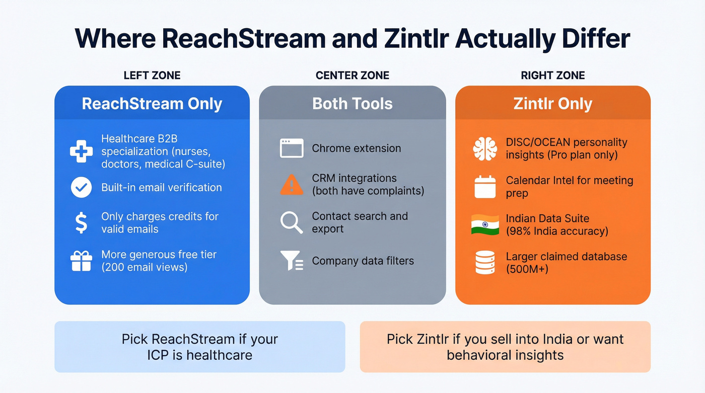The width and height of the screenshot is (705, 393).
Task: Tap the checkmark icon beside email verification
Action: pyautogui.click(x=81, y=188)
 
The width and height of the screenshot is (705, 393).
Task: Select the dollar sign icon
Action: pyautogui.click(x=81, y=222)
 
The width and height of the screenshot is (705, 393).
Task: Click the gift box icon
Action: pyautogui.click(x=81, y=261)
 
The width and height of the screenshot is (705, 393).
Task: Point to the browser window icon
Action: pyautogui.click(x=292, y=148)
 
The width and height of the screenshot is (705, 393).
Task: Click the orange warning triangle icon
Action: pyautogui.click(x=292, y=185)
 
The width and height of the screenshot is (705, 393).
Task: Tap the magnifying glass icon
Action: pyautogui.click(x=292, y=222)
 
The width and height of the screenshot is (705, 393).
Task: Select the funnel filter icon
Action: pyautogui.click(x=292, y=261)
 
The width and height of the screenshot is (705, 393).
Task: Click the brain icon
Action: pyautogui.click(x=485, y=148)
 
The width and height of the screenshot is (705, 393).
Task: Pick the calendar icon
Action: pyautogui.click(x=485, y=187)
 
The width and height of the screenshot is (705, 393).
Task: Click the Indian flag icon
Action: pyautogui.click(x=485, y=224)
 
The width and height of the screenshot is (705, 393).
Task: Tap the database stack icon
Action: pyautogui.click(x=485, y=263)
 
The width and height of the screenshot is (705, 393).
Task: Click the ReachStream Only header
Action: pyautogui.click(x=152, y=104)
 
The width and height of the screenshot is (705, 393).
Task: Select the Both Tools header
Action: pyautogui.click(x=352, y=104)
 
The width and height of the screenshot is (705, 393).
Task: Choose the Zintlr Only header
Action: pyautogui.click(x=553, y=104)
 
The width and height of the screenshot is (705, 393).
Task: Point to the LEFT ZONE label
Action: pyautogui.click(x=152, y=75)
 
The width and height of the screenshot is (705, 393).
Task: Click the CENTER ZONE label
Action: pyautogui.click(x=352, y=75)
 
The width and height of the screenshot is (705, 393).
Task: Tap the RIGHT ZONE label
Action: pyautogui.click(x=553, y=75)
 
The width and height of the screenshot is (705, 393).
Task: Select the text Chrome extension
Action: pyautogui.click(x=357, y=148)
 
